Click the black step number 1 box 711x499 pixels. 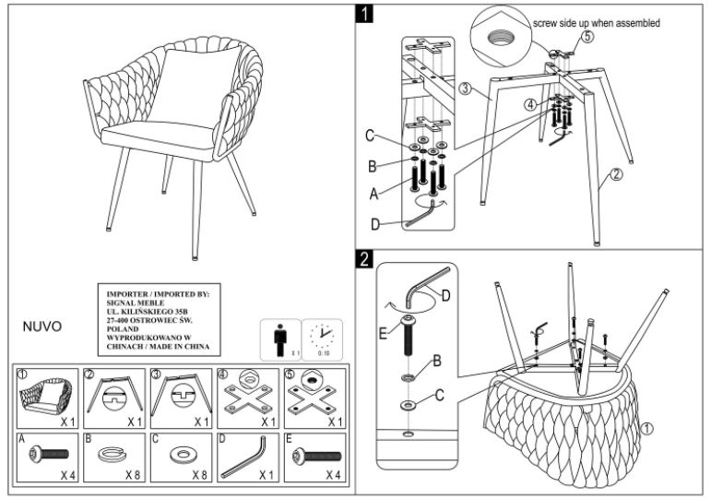coord(368,14)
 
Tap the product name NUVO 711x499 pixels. coord(42,327)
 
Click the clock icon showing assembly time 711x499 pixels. coord(322,336)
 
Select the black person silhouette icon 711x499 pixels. coord(278,339)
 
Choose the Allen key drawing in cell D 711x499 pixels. coord(243,453)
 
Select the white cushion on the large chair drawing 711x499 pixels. coord(188,84)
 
